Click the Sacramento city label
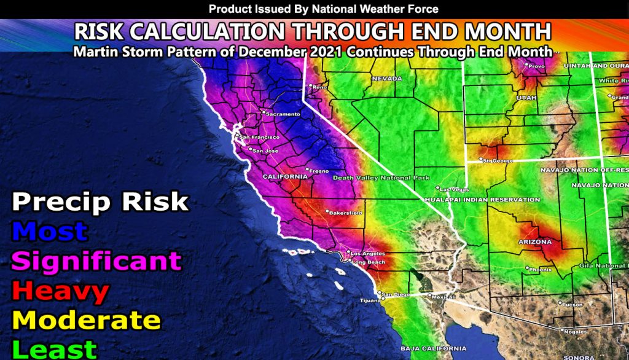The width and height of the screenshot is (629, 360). (283, 114)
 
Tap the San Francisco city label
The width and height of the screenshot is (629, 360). (256, 137)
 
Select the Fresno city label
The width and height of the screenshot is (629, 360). (318, 170)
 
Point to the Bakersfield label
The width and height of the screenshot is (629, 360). (346, 213)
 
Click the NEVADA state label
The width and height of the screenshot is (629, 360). (386, 79)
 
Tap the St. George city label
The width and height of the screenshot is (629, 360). (496, 161)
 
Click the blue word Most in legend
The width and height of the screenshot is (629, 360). (50, 231)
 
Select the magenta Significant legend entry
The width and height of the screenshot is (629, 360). (96, 260)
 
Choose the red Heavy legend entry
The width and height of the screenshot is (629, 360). (60, 291)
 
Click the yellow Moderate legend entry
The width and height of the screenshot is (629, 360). (86, 320)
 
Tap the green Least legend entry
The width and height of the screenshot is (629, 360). (55, 348)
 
